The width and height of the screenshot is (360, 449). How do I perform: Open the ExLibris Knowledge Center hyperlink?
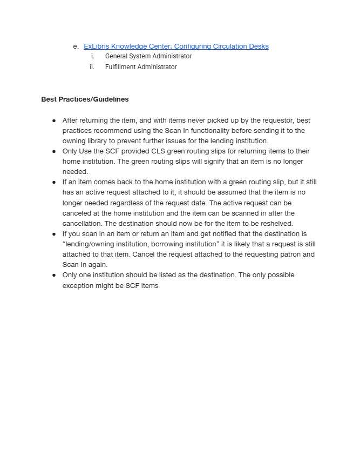click(x=175, y=46)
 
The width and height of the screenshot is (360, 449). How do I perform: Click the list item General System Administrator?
click(x=148, y=56)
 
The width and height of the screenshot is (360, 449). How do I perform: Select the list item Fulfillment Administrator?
click(x=141, y=67)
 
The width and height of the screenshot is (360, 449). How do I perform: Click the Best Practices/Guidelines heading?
click(x=85, y=99)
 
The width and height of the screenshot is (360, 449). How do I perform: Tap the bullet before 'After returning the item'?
click(x=54, y=120)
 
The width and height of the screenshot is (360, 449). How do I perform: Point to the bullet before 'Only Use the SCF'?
click(x=54, y=151)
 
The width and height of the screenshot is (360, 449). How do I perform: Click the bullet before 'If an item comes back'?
click(x=54, y=182)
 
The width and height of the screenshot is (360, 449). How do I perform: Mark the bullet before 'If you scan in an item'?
click(x=54, y=234)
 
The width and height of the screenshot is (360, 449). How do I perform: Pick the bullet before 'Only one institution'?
click(x=54, y=275)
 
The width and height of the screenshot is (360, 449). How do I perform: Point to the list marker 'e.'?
click(x=76, y=46)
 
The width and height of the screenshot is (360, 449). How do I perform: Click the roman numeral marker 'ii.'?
click(x=92, y=67)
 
